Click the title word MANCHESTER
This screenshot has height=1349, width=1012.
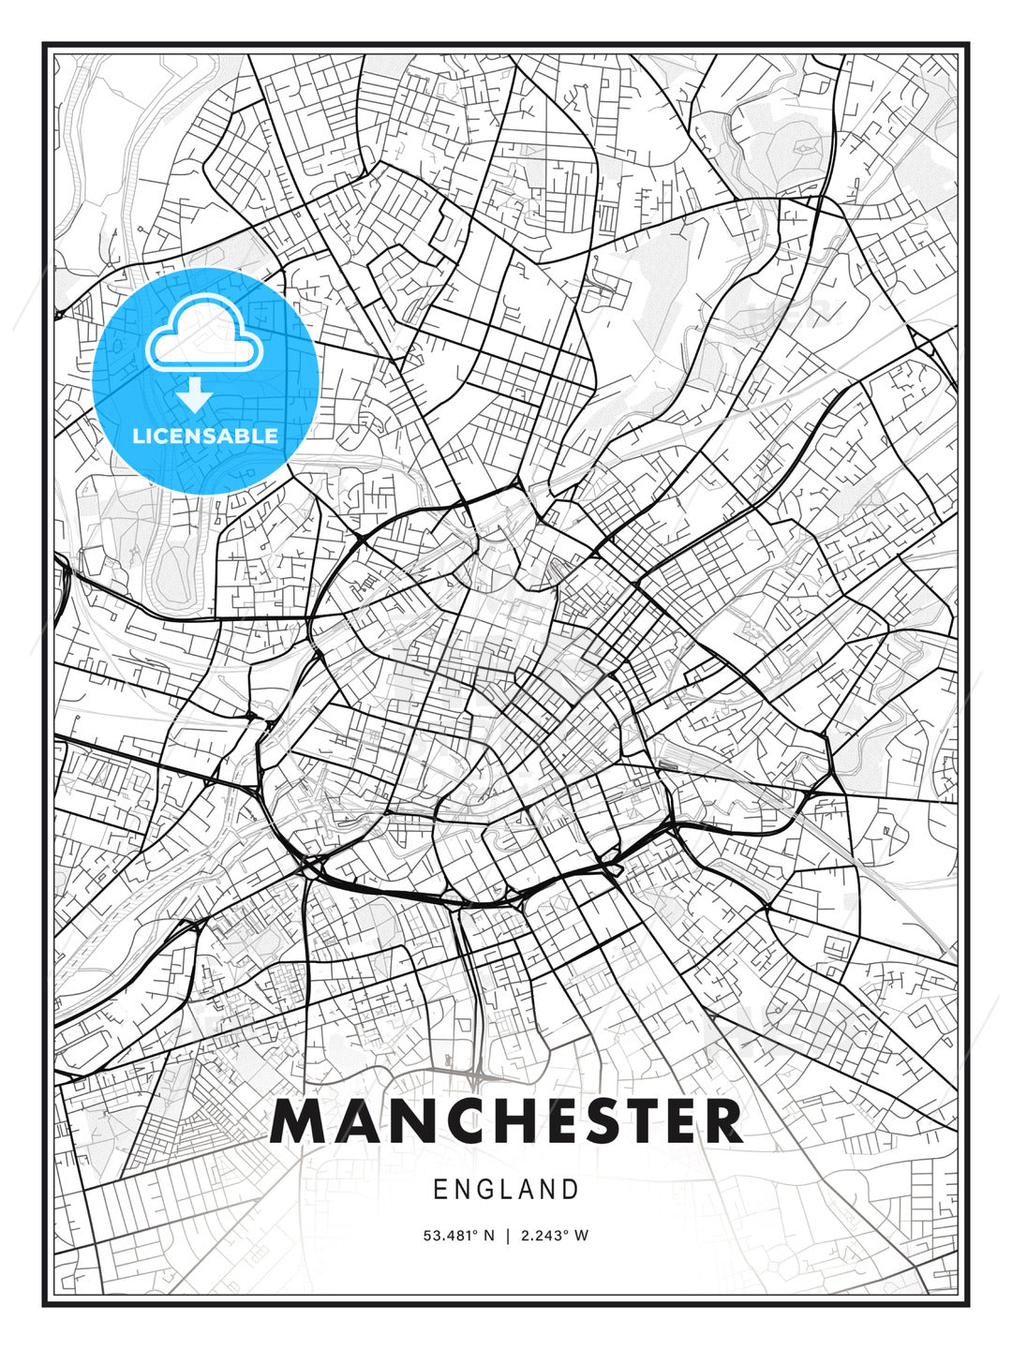tap(506, 1121)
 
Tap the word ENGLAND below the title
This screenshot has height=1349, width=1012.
tap(506, 1190)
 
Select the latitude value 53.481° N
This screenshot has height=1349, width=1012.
tap(458, 1236)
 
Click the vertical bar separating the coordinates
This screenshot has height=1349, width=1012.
tap(506, 1236)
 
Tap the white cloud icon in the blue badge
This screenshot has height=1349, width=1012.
tap(205, 335)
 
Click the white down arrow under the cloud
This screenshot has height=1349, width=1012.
tap(195, 396)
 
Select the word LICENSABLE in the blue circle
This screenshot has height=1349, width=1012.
tap(205, 436)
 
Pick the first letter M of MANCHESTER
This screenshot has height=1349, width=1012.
tap(298, 1121)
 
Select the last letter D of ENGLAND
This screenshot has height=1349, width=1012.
tap(571, 1190)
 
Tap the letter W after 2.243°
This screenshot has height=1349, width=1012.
tap(582, 1236)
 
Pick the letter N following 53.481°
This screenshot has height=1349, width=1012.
tap(488, 1236)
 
